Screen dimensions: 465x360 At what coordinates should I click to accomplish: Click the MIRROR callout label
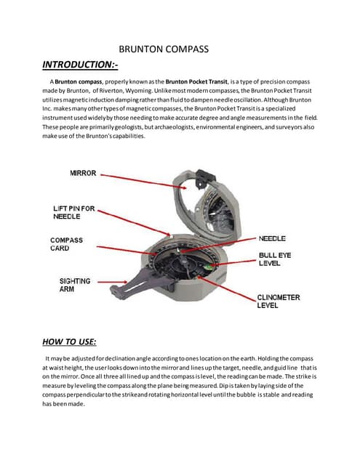pos(84,174)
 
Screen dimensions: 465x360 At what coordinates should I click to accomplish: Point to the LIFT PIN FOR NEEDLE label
pos(73,212)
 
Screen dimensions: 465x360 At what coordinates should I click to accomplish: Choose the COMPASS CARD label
pos(66,244)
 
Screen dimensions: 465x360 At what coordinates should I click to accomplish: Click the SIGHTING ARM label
pos(74,284)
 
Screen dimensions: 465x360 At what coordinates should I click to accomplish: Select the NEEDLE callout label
pos(272,238)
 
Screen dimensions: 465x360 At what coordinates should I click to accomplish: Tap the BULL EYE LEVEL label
pos(275,260)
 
